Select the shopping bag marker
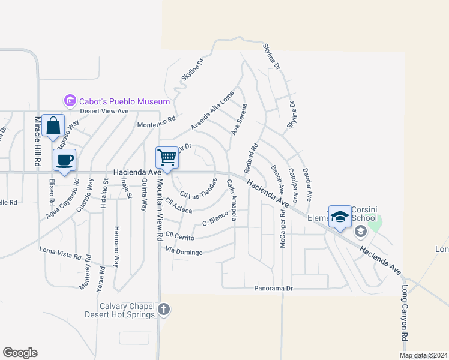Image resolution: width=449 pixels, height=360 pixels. (x=53, y=127)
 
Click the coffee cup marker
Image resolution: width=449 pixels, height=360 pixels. (x=65, y=160)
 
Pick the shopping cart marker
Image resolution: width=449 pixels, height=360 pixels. (x=167, y=158)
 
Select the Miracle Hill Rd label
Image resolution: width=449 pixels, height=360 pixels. (x=37, y=142)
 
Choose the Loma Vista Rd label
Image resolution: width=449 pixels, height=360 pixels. (x=60, y=253)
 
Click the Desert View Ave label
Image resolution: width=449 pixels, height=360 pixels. (x=106, y=112)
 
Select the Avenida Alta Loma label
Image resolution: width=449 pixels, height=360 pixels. (x=212, y=112)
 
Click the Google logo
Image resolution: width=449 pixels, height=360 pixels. (x=20, y=353)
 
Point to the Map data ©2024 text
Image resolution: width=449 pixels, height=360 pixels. (x=424, y=355)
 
